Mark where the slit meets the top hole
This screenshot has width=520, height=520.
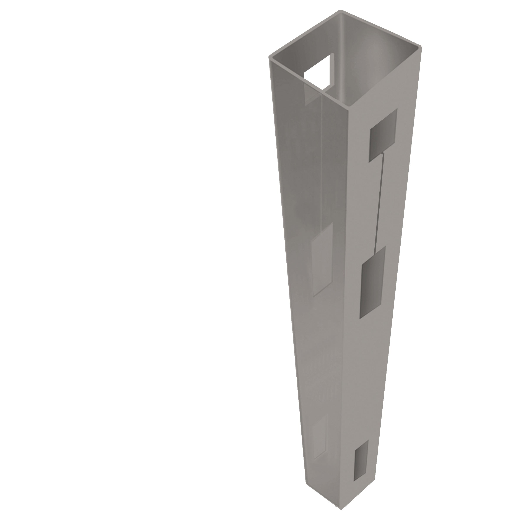382,153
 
